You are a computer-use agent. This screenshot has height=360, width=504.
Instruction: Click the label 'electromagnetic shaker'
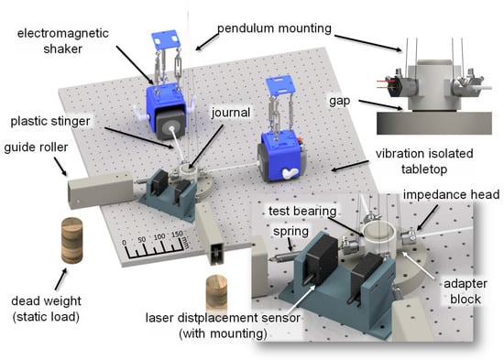coord(63,41)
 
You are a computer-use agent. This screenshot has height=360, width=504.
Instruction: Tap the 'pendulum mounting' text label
coord(275,28)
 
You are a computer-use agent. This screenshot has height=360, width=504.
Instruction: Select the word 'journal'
coord(230,113)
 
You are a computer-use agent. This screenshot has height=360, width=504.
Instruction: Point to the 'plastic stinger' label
coord(50,122)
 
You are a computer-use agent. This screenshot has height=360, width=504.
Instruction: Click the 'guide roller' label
coord(36,147)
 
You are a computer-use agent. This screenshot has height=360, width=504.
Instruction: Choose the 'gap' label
coord(339,102)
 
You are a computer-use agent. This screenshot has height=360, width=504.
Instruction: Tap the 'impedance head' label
coord(451,194)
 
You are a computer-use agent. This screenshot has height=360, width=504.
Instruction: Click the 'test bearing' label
coord(302,212)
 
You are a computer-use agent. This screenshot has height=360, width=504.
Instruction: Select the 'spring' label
coord(290,232)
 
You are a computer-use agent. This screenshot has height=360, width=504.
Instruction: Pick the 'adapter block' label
coord(466,291)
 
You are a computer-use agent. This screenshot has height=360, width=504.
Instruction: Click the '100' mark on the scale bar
coord(159,237)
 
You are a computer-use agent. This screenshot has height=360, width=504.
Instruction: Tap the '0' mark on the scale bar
coord(125,244)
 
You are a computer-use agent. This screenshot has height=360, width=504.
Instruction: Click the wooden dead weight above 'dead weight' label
coord(72,240)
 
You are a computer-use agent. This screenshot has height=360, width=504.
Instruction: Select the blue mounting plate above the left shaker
coord(165,40)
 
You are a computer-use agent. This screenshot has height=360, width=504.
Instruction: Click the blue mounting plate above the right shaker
coord(280,84)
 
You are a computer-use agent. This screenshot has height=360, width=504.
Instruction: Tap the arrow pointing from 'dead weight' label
coord(60,279)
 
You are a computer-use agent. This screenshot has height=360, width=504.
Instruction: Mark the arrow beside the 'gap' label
coord(380,105)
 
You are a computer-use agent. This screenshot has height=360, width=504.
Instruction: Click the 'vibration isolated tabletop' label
coord(424,161)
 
